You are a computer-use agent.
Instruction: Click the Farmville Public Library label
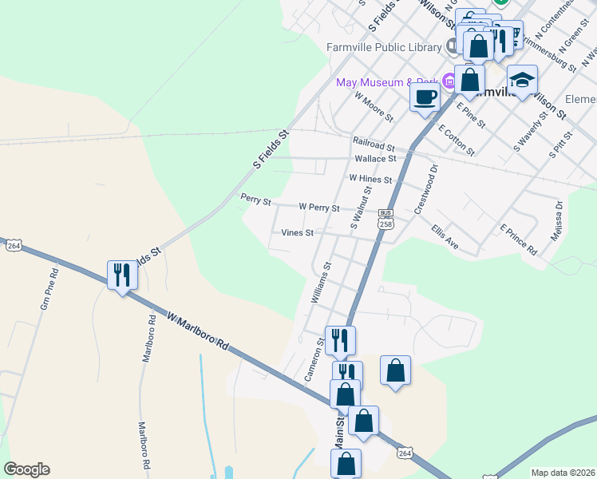(x=384, y=47)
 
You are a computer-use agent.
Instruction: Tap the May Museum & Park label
(x=387, y=82)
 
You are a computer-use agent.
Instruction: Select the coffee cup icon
(x=425, y=97)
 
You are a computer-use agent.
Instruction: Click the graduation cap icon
(x=522, y=81)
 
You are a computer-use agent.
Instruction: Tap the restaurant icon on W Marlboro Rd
(x=122, y=275)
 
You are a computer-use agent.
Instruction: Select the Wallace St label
(x=375, y=158)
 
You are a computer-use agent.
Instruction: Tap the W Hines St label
(x=370, y=180)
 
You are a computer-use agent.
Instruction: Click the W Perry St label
(x=319, y=207)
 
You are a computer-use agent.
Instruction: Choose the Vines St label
(x=297, y=233)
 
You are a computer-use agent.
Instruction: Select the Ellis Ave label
(x=445, y=236)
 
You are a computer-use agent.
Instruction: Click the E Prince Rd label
(x=519, y=239)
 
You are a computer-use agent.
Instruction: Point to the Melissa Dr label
(x=557, y=221)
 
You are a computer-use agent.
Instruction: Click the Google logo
(x=26, y=469)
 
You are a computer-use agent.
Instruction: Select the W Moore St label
(x=374, y=105)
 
